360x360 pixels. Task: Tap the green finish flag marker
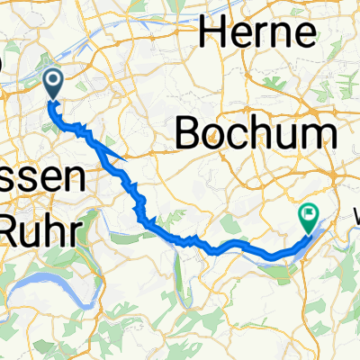tap(308, 217)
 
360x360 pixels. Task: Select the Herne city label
tap(259, 32)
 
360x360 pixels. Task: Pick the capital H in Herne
tap(214, 32)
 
